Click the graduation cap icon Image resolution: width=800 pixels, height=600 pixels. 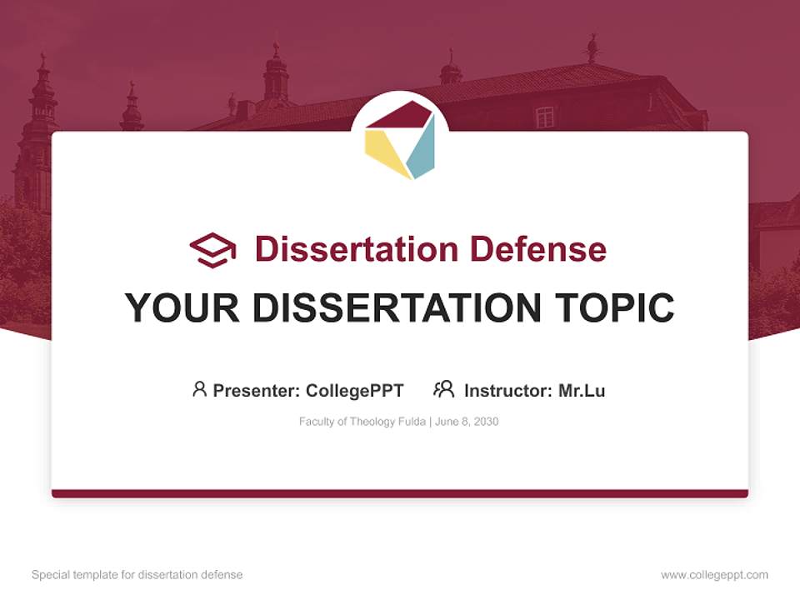pyautogui.click(x=212, y=249)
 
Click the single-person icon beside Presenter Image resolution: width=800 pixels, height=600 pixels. pyautogui.click(x=199, y=389)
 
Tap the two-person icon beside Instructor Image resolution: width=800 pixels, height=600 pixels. pyautogui.click(x=443, y=389)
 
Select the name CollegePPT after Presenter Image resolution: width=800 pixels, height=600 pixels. pyautogui.click(x=354, y=390)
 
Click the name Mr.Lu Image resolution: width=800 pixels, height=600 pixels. pyautogui.click(x=582, y=390)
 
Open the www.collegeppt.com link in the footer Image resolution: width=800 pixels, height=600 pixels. pyautogui.click(x=714, y=575)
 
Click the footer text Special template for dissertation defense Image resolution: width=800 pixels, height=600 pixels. pyautogui.click(x=137, y=575)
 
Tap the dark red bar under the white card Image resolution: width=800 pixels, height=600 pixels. pyautogui.click(x=400, y=493)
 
